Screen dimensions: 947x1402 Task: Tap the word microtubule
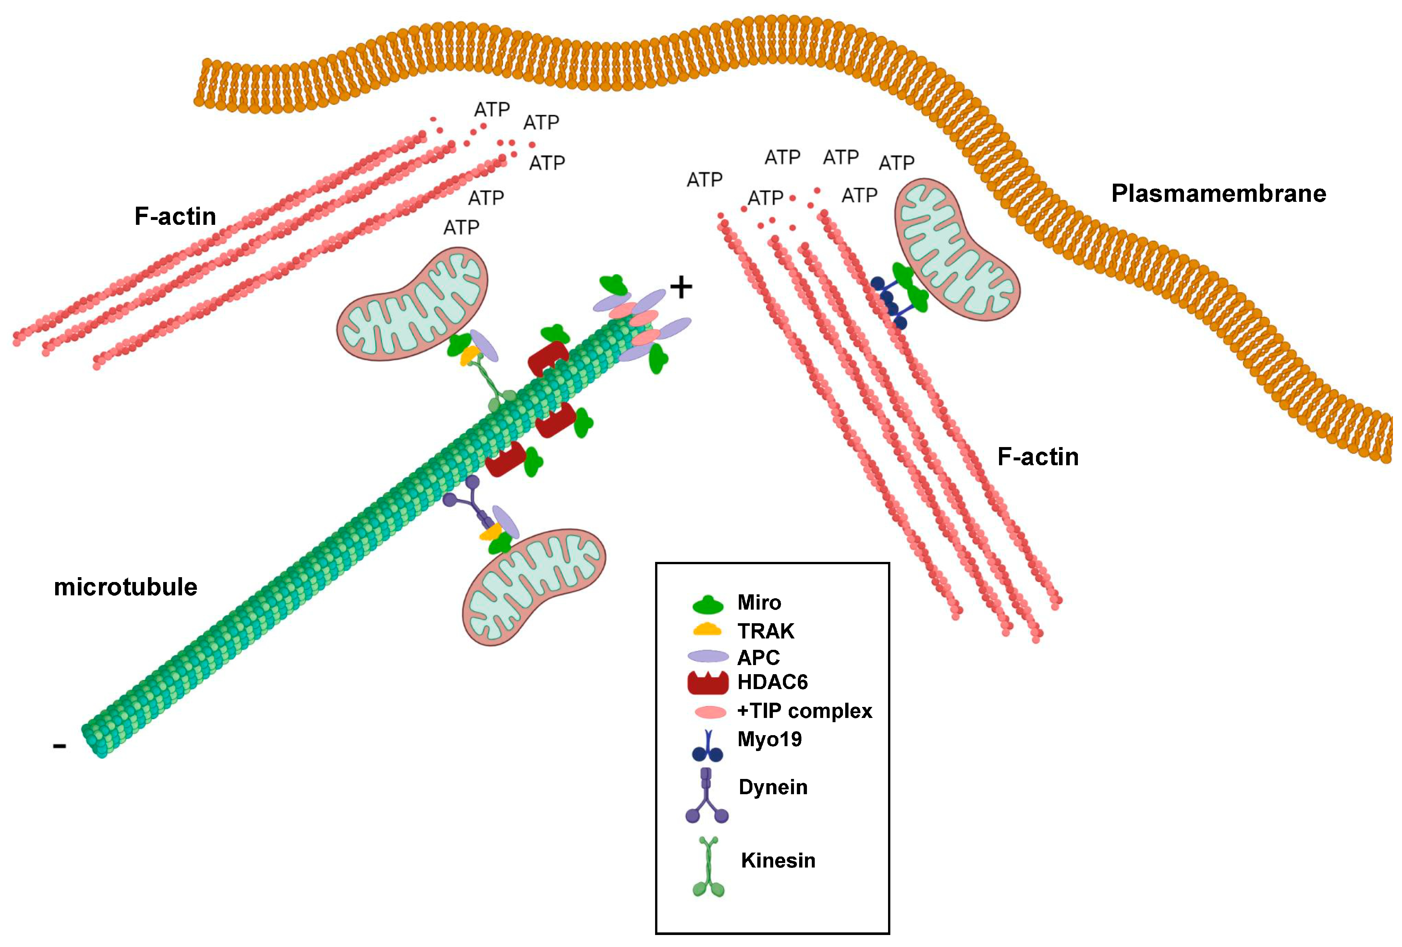coord(126,587)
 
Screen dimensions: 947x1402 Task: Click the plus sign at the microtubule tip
coord(681,288)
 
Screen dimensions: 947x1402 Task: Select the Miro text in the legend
coord(759,602)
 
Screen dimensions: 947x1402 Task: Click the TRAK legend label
coord(765,631)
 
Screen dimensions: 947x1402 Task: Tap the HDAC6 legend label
coord(772,682)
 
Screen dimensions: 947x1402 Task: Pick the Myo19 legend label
coord(769,739)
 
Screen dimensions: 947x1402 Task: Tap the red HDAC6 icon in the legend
coord(708,683)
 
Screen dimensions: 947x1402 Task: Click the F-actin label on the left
coord(175,216)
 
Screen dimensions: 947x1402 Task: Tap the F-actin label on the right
coord(1038,456)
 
